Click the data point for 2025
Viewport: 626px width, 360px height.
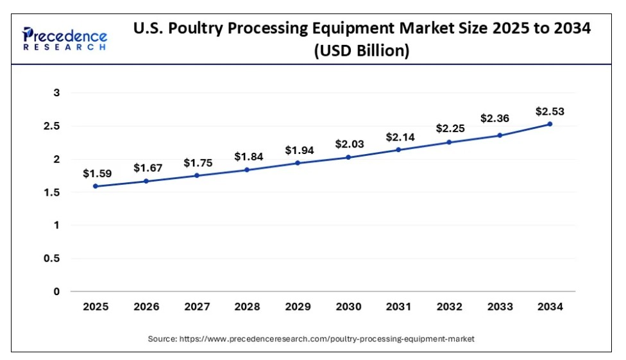pyautogui.click(x=96, y=186)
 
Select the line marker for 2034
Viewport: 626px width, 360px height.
pyautogui.click(x=550, y=124)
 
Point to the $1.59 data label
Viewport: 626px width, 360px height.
pyautogui.click(x=96, y=173)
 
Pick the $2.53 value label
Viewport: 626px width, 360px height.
pyautogui.click(x=550, y=111)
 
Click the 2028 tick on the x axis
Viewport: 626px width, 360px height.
pyautogui.click(x=247, y=307)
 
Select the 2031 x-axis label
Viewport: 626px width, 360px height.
pyautogui.click(x=398, y=307)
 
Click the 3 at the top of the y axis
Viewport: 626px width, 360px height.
pyautogui.click(x=56, y=93)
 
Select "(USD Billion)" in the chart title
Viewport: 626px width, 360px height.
pyautogui.click(x=361, y=51)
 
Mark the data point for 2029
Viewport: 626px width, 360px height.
pyautogui.click(x=298, y=163)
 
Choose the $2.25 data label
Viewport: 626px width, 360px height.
pyautogui.click(x=449, y=128)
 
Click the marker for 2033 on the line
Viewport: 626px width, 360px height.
pyautogui.click(x=500, y=135)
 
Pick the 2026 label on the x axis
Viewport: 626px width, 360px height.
pyautogui.click(x=146, y=307)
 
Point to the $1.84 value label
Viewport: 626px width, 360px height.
pyautogui.click(x=247, y=156)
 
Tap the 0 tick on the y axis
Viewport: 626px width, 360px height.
pyautogui.click(x=56, y=292)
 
